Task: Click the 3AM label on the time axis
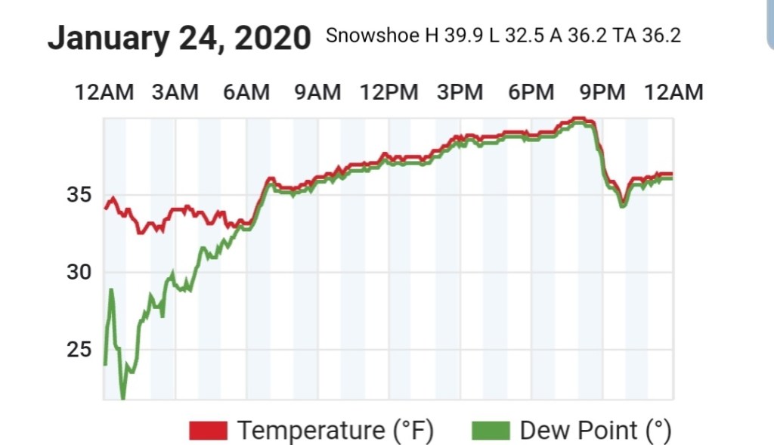tap(175, 92)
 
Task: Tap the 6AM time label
tap(246, 92)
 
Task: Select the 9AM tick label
tap(317, 92)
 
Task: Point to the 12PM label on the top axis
tap(389, 92)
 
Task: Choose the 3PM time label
tap(460, 92)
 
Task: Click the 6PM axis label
tap(531, 92)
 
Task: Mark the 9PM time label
tap(602, 92)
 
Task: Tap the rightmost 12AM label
tap(673, 92)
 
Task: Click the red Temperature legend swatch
tap(208, 431)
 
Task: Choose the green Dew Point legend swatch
tap(490, 431)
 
